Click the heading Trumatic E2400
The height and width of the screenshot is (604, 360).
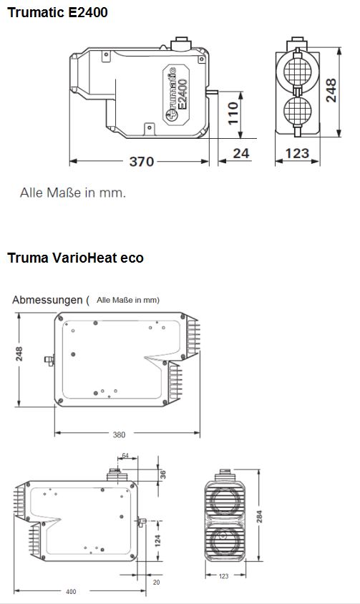(57, 12)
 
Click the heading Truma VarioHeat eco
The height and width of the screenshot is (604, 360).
(75, 258)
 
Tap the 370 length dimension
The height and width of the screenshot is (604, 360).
(141, 162)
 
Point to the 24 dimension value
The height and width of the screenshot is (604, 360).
(241, 152)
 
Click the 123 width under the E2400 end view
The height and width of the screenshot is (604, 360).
(296, 152)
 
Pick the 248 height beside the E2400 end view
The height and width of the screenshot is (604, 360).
(331, 91)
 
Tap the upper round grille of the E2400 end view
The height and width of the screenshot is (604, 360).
(296, 72)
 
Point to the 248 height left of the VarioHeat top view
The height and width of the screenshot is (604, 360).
(20, 354)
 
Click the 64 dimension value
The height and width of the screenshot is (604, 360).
(125, 456)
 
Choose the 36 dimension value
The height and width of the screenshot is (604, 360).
(162, 474)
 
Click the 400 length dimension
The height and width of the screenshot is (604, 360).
(70, 591)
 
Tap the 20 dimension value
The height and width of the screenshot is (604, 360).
(157, 582)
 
